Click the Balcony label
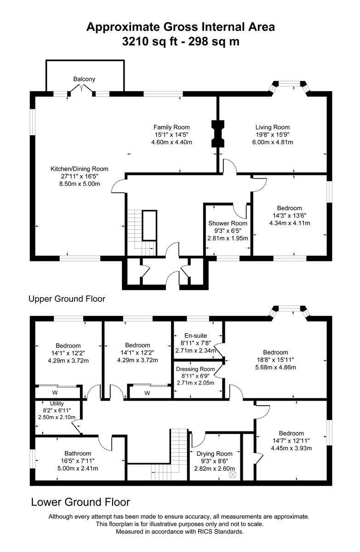point(84,79)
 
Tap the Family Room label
point(171,127)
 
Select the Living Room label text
point(273,127)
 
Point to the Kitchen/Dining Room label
point(80,169)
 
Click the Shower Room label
point(228,223)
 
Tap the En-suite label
point(196,335)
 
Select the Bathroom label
point(78,453)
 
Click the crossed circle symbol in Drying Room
point(232,473)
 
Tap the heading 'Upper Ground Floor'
point(67,299)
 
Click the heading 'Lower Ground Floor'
point(80,502)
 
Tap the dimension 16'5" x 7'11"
point(78,461)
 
